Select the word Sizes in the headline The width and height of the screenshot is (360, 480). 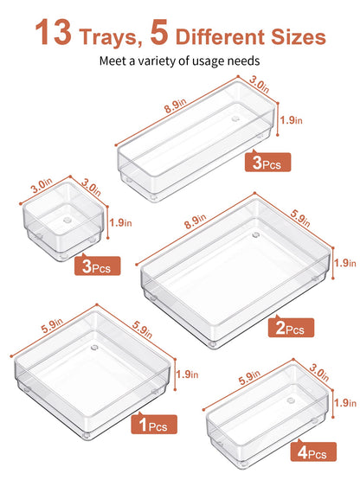pyautogui.click(x=298, y=37)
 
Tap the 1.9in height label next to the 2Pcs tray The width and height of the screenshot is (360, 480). pyautogui.click(x=344, y=263)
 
